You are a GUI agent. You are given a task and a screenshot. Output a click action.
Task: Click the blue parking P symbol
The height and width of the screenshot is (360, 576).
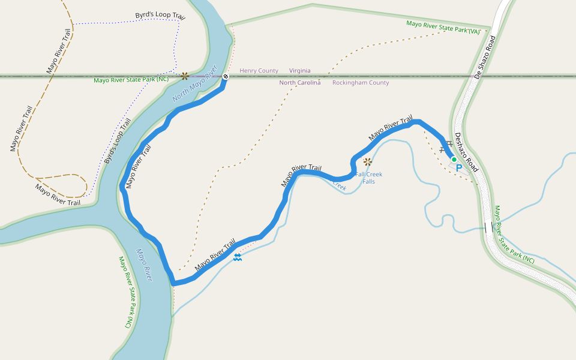pyautogui.click(x=459, y=169)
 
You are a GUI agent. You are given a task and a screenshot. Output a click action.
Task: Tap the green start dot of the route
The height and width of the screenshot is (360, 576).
pyautogui.click(x=454, y=160)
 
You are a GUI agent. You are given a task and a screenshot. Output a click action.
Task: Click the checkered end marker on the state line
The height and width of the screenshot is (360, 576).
pyautogui.click(x=225, y=77)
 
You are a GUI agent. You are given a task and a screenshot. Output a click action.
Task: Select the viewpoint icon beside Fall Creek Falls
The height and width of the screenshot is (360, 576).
pyautogui.click(x=367, y=161)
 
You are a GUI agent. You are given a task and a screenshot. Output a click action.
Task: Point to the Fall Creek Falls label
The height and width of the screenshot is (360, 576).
pyautogui.click(x=368, y=178)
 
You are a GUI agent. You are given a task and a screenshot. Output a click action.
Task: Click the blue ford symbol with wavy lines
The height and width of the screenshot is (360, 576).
pyautogui.click(x=238, y=257)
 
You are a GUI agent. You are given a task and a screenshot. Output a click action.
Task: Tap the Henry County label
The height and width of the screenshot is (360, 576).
pyautogui.click(x=259, y=71)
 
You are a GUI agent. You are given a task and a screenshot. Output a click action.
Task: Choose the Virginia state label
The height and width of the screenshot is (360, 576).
pyautogui.click(x=299, y=71)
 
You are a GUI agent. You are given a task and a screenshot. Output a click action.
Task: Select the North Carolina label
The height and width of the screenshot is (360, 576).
pyautogui.click(x=299, y=83)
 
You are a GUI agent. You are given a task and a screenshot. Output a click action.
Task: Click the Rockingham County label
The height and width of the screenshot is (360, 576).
pyautogui.click(x=361, y=83)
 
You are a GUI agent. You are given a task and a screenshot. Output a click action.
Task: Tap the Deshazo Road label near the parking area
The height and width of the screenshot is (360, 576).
pyautogui.click(x=466, y=153)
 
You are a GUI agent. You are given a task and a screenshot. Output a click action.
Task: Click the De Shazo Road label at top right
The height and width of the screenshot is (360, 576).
pyautogui.click(x=485, y=58)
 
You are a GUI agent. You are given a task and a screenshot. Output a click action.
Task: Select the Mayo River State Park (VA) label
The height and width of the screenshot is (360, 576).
pyautogui.click(x=444, y=28)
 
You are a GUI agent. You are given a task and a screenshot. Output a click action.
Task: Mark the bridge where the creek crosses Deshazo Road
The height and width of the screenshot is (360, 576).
pyautogui.click(x=489, y=227)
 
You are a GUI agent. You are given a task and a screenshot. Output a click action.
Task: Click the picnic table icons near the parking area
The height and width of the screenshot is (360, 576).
pyautogui.click(x=446, y=146)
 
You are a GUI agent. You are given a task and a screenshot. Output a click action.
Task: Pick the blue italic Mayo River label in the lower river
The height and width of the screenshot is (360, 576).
pyautogui.click(x=145, y=265)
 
